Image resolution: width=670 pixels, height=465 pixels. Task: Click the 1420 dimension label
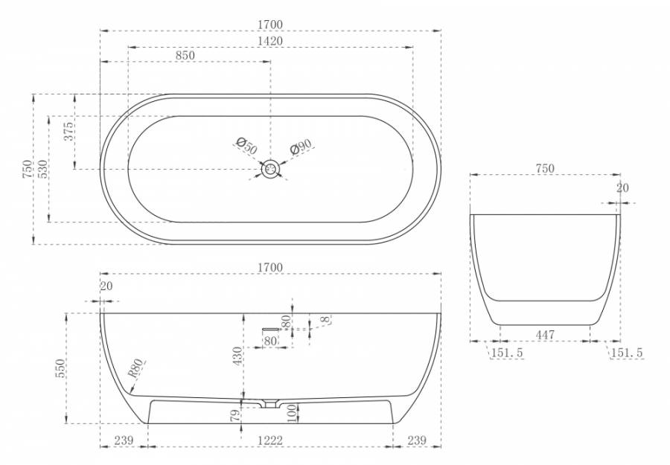pos(270,41)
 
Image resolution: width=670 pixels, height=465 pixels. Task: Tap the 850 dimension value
pos(185,56)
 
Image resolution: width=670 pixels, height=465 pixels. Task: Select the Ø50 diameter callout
pos(247,147)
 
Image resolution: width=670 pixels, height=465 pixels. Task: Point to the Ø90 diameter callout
pos(301,147)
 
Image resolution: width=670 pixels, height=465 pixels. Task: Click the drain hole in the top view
pos(270,169)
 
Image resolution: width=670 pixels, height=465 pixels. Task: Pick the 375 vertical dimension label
pos(68,132)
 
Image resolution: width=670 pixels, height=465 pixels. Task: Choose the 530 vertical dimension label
pos(42,169)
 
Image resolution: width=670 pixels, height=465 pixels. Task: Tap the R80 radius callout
pos(135,368)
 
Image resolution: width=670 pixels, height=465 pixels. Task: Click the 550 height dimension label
pos(60,368)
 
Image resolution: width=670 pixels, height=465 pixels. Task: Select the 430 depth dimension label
pos(237,356)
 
